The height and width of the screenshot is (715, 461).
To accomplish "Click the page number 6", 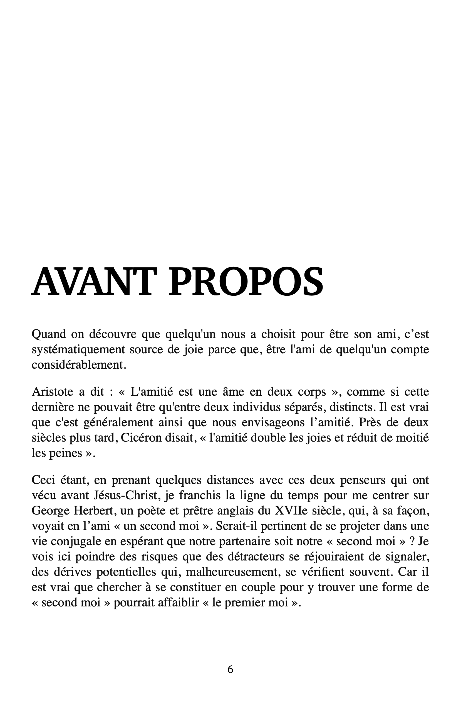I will (x=230, y=669).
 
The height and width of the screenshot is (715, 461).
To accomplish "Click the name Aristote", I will (x=52, y=392).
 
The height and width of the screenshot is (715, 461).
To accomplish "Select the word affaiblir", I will (x=174, y=602).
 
